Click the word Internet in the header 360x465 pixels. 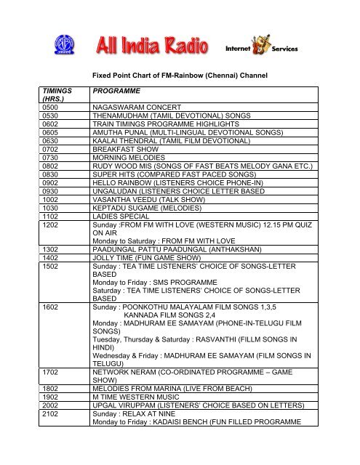coord(239,49)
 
